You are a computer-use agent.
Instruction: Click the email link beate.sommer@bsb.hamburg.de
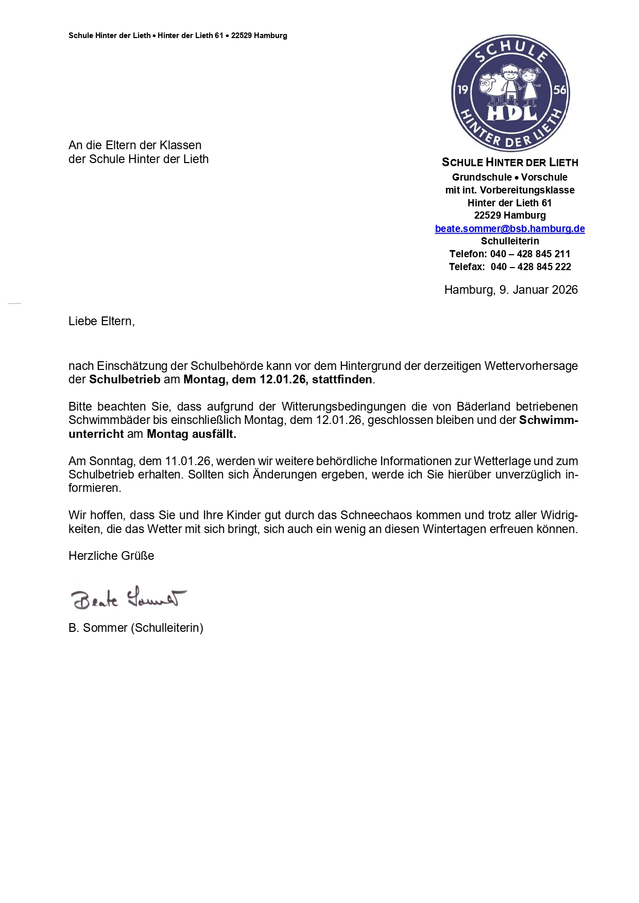(x=510, y=228)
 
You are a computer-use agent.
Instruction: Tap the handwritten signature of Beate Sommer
(x=128, y=598)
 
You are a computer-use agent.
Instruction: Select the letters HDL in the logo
(x=511, y=113)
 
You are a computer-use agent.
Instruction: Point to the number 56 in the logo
(x=559, y=91)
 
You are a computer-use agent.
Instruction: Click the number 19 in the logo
(x=462, y=90)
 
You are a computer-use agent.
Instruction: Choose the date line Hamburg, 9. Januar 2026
(x=511, y=290)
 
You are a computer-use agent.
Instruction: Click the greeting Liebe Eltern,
(x=101, y=321)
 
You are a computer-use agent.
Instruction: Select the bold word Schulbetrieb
(x=125, y=380)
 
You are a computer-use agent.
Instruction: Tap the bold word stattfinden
(x=342, y=380)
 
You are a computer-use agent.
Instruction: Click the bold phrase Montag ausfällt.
(x=191, y=434)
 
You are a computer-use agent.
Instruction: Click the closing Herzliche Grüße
(x=111, y=556)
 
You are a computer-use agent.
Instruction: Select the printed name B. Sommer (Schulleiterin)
(x=136, y=628)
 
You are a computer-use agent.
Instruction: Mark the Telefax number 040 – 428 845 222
(x=531, y=267)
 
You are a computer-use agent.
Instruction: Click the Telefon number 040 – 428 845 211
(x=530, y=254)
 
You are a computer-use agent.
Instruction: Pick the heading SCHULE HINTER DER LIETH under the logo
(x=510, y=163)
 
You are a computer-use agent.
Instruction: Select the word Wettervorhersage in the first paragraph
(x=533, y=366)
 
